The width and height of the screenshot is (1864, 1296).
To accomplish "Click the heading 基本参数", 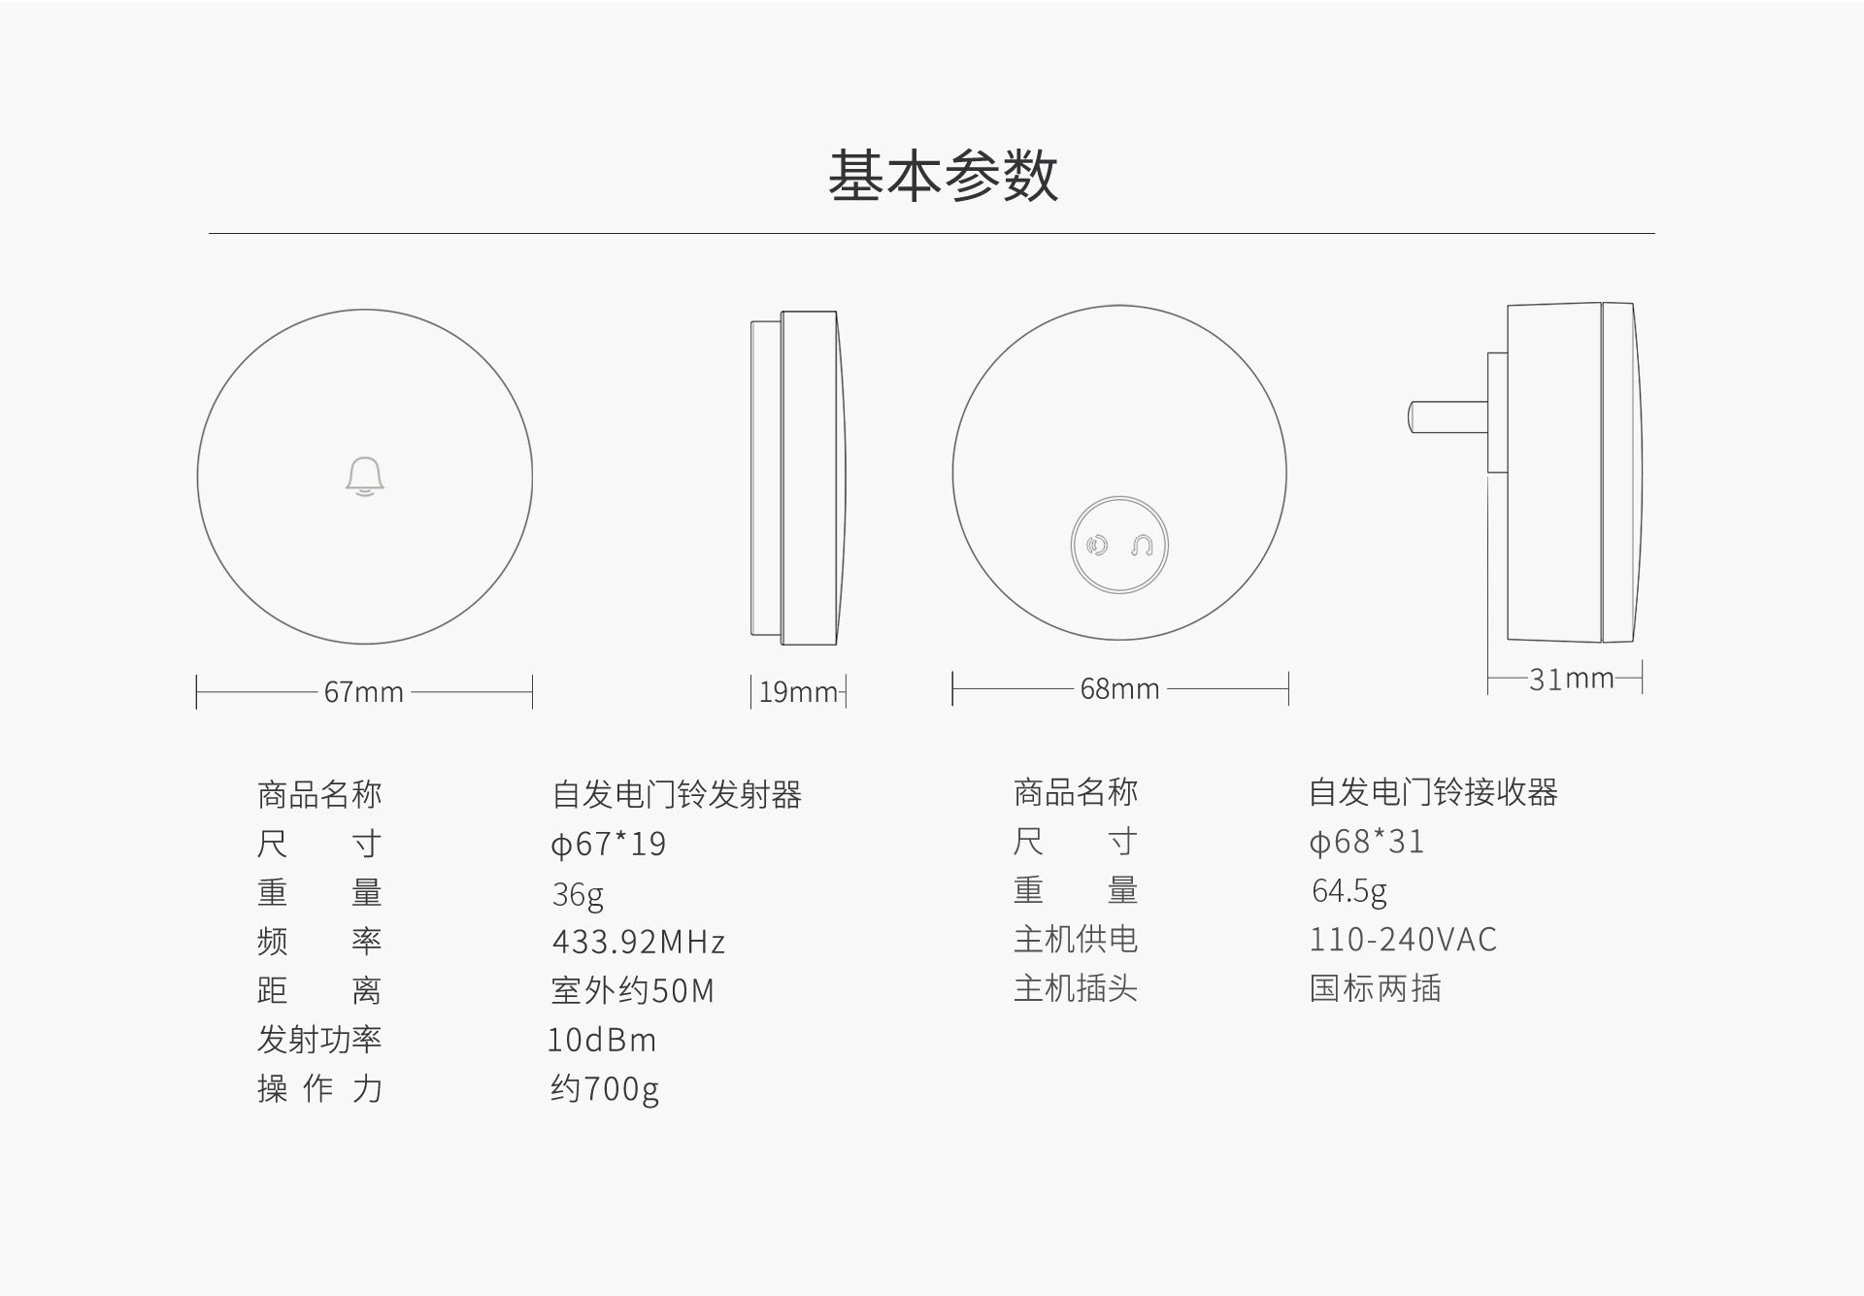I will [x=943, y=176].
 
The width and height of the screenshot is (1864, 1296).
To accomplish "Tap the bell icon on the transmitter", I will [x=365, y=477].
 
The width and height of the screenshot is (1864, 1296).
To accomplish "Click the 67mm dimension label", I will [x=363, y=692].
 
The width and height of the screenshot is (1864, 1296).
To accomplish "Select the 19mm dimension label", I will [x=797, y=692].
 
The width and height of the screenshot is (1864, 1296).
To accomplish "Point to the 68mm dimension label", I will [x=1119, y=689].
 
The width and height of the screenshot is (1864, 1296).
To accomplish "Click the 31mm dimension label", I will [x=1571, y=679].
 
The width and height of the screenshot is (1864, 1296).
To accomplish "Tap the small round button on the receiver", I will [x=1119, y=546].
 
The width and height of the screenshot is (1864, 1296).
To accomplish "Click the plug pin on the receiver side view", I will [x=1448, y=416].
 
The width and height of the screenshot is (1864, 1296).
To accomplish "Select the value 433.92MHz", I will [x=639, y=942].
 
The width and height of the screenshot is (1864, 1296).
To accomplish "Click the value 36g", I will [x=578, y=893].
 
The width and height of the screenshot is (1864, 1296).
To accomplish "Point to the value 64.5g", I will [x=1348, y=890].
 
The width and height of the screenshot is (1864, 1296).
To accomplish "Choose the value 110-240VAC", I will [x=1403, y=940].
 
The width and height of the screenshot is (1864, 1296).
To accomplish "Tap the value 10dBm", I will [x=602, y=1040].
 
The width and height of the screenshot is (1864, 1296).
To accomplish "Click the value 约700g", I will [x=605, y=1089].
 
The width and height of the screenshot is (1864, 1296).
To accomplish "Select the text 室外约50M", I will [x=632, y=990].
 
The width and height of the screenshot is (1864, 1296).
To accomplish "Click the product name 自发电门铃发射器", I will [x=677, y=795].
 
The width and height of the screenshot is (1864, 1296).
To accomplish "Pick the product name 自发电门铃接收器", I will [x=1433, y=793].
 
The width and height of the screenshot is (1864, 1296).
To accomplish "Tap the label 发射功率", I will [x=319, y=1040].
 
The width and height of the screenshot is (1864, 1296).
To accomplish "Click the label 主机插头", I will [x=1075, y=988].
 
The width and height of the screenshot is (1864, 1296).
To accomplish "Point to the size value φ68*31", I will [x=1366, y=842].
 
